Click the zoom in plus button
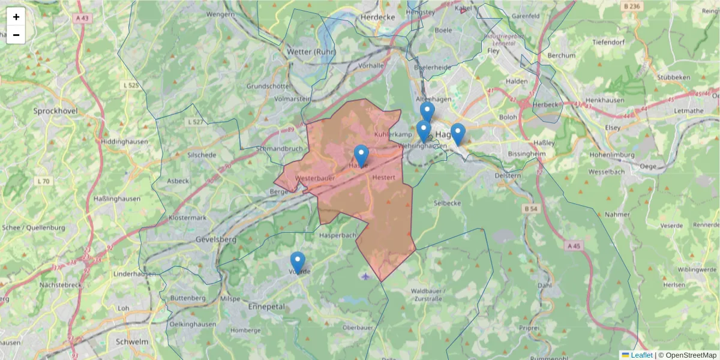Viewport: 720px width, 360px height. [x=16, y=17]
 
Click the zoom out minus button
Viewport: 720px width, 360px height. [x=16, y=35]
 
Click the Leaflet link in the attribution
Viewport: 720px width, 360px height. [x=641, y=355]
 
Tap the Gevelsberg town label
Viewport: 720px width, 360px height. [x=217, y=239]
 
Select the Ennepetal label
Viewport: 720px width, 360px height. [x=266, y=306]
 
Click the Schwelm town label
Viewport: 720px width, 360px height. [x=131, y=341]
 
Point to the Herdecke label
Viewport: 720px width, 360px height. [x=377, y=17]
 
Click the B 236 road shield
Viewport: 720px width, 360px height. [x=632, y=6]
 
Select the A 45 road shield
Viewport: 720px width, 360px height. [x=573, y=246]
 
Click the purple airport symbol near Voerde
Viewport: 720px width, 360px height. [x=367, y=276]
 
